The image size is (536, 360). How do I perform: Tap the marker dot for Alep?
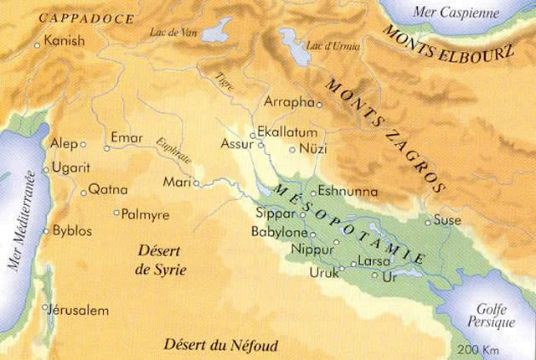point(83,144)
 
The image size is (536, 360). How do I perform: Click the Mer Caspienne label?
point(455,14)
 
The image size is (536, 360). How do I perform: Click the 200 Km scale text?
point(478,349)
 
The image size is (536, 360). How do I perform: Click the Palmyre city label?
point(145,215)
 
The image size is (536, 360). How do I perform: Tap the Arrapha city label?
point(287,102)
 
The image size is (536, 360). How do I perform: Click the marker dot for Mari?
point(196,182)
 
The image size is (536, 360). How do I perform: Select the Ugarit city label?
point(70,167)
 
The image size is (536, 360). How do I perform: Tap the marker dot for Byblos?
point(46,230)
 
